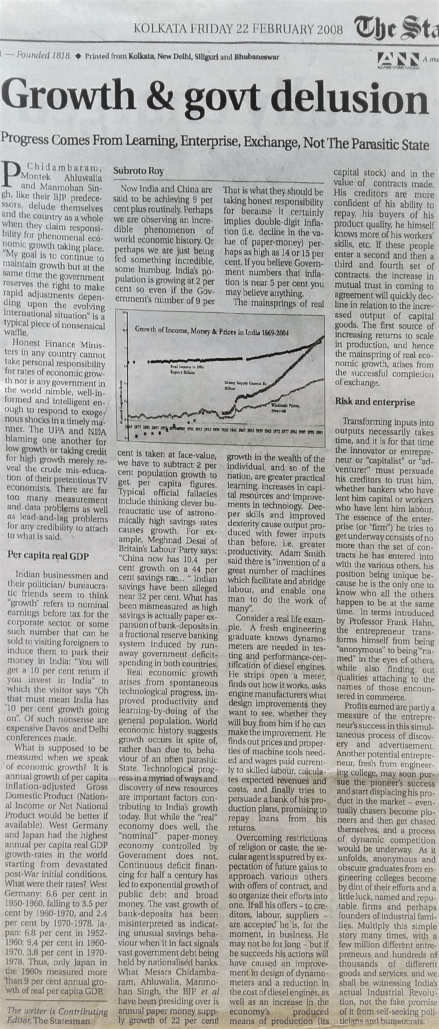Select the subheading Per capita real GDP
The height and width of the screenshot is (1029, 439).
(48, 556)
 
